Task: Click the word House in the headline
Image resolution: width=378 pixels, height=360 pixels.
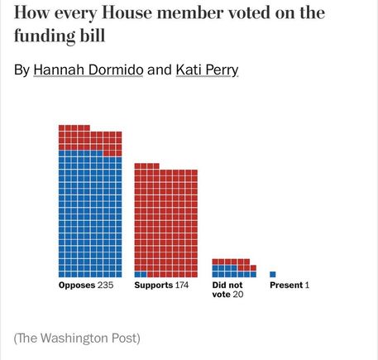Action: tap(127, 12)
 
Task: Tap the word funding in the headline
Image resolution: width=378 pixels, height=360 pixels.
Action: tap(45, 36)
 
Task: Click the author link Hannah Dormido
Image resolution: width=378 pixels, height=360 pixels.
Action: tap(89, 70)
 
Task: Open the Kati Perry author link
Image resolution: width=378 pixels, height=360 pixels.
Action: tap(207, 70)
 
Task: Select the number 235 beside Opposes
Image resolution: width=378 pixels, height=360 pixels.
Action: tap(105, 285)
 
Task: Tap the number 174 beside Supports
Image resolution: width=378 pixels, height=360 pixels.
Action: tap(182, 285)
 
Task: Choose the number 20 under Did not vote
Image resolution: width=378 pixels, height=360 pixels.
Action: tap(238, 295)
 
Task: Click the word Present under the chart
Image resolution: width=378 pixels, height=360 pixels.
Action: tap(286, 285)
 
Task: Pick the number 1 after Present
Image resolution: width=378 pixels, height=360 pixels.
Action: tap(307, 285)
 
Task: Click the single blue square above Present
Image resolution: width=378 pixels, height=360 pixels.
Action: tap(273, 274)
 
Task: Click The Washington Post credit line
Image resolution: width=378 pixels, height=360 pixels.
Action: tap(77, 338)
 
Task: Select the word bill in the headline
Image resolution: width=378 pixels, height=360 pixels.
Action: tap(93, 36)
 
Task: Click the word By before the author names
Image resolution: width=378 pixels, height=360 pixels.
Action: tap(22, 70)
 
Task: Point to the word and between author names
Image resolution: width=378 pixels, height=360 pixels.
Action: tap(160, 70)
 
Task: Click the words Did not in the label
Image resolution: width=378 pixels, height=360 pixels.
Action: tap(227, 285)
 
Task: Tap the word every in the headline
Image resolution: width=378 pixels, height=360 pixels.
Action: tap(75, 14)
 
